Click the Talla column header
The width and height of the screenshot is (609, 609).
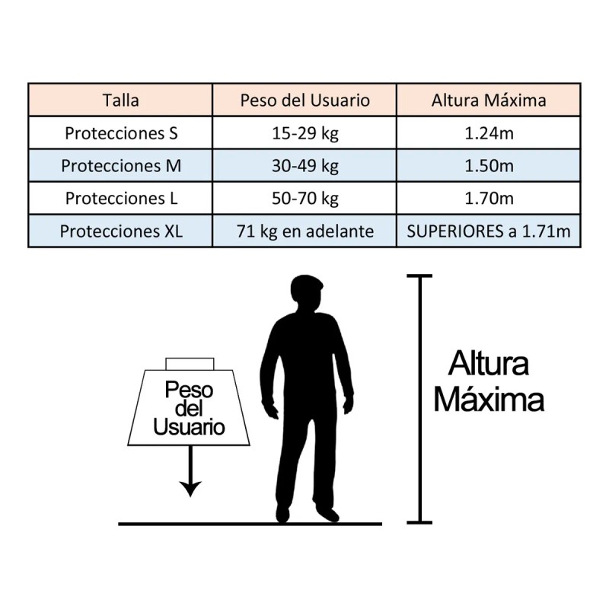point(121,100)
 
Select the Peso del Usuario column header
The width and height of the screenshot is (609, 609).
point(305,100)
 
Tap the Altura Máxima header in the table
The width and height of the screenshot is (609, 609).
point(489,100)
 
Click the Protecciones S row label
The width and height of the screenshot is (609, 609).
point(121,133)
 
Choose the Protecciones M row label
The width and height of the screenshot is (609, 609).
point(121,166)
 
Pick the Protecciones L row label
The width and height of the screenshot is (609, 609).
point(121,199)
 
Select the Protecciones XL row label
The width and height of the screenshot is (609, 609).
point(121,231)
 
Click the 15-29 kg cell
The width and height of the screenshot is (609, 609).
point(305,134)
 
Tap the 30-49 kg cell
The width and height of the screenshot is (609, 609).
point(305,166)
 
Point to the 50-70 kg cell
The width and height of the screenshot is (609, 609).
point(305,199)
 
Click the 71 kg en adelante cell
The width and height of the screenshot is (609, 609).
point(305,231)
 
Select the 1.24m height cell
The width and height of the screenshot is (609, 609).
point(489,134)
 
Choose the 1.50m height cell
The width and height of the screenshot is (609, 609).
point(489,166)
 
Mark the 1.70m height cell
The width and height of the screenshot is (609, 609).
point(489,199)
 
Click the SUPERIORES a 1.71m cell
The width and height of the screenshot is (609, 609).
point(489,231)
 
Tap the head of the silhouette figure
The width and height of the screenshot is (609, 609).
point(307,292)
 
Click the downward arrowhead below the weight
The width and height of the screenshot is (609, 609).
point(190,489)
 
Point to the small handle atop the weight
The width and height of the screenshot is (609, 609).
point(190,364)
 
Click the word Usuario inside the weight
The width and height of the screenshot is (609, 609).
point(189,427)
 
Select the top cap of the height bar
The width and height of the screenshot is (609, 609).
point(419,276)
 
